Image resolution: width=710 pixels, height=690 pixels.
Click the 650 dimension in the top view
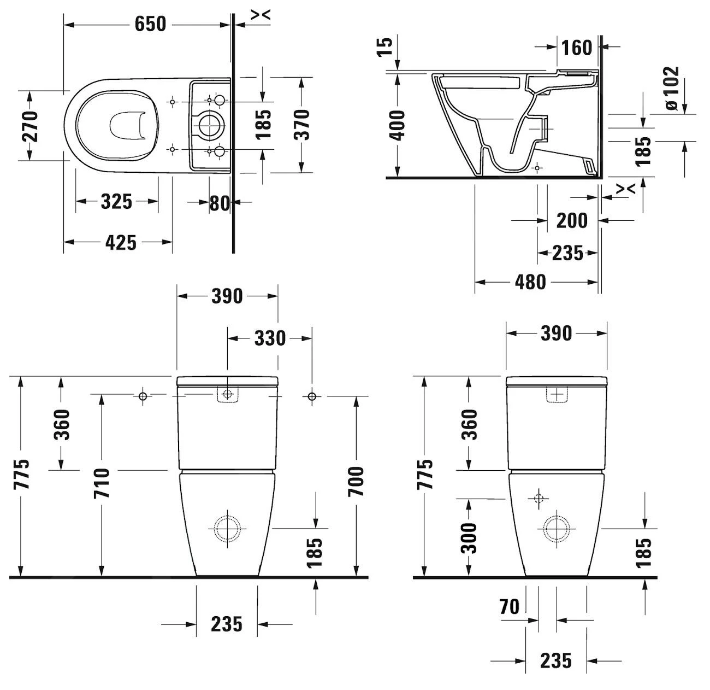(x=150, y=24)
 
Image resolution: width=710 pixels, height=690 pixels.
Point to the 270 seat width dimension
(x=30, y=126)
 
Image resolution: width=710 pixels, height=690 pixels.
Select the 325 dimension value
(x=116, y=202)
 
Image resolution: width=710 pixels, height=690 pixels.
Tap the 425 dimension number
(x=121, y=242)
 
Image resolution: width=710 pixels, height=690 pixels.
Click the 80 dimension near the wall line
(x=220, y=203)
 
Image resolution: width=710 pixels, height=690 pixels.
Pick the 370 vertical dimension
(x=301, y=125)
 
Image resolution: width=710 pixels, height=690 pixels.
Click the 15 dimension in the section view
(x=385, y=47)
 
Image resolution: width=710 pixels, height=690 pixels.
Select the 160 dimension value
(x=577, y=48)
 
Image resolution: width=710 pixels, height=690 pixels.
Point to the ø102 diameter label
(x=672, y=88)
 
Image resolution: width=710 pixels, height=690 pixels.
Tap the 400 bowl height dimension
(x=398, y=125)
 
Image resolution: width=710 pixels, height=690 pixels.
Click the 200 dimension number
(x=572, y=221)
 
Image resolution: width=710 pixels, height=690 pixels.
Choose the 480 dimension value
(x=530, y=282)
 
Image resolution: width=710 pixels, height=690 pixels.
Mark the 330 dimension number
(x=270, y=338)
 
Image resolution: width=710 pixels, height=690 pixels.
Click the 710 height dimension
(x=102, y=483)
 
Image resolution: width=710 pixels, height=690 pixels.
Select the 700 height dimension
(x=356, y=481)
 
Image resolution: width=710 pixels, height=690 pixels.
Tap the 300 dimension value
(x=469, y=538)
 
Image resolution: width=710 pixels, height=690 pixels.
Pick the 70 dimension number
(x=509, y=606)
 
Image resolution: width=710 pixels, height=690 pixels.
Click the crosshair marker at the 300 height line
(x=539, y=498)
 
